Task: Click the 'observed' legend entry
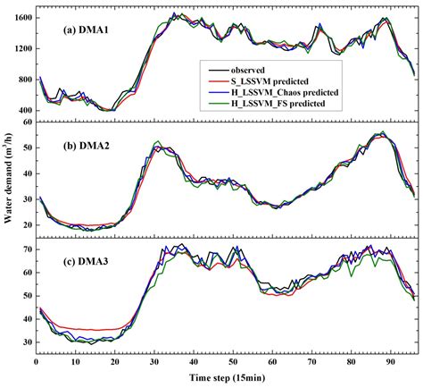247,71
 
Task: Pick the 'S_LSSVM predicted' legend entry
270,81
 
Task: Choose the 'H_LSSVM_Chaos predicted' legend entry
285,92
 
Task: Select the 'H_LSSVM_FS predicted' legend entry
278,104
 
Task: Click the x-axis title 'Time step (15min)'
227,378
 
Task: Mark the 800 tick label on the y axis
26,80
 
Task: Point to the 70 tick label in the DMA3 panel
28,249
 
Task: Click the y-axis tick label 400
26,111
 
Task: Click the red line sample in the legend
219,81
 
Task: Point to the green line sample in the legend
219,104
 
